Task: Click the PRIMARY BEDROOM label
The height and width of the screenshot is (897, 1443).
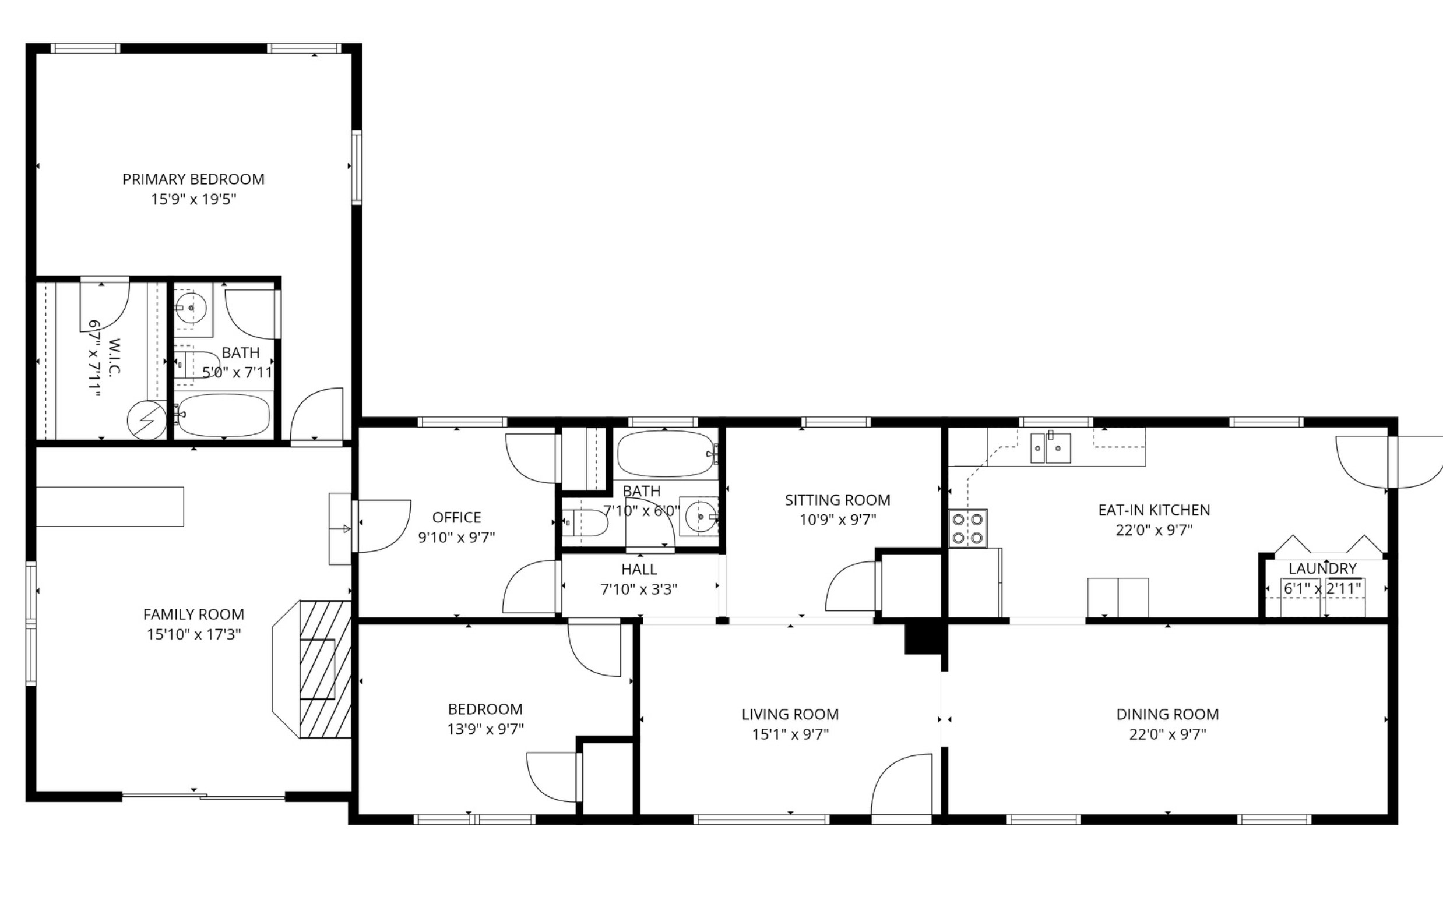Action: click(193, 179)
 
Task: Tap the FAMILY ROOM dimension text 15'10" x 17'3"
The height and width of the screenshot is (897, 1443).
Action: click(194, 634)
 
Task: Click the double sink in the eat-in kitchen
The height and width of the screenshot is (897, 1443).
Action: click(1050, 448)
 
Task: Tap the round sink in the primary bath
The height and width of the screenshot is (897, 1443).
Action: click(190, 308)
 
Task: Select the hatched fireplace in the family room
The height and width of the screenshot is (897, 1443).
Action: click(325, 669)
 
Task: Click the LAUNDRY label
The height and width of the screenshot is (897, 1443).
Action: click(1322, 568)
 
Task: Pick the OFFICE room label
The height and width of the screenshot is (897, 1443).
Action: click(456, 517)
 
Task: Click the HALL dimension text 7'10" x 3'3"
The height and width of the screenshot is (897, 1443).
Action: click(639, 589)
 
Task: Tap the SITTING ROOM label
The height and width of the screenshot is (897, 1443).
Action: click(837, 500)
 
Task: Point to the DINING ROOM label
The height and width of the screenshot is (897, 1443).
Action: click(1167, 714)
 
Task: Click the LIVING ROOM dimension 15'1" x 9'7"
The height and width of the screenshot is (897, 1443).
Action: click(790, 734)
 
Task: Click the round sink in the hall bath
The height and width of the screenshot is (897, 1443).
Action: click(701, 517)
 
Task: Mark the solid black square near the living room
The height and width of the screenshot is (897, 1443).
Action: click(924, 638)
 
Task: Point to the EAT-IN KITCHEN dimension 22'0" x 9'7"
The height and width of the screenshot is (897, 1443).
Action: click(1154, 531)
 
